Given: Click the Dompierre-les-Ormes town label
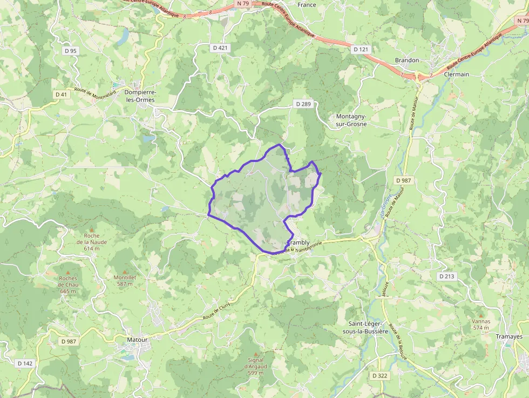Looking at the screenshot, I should (x=139, y=96).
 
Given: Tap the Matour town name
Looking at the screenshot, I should (x=137, y=339).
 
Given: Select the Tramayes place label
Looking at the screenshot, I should (x=509, y=336).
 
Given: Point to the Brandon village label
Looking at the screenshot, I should (x=407, y=60).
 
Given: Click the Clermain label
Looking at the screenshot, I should (x=456, y=74).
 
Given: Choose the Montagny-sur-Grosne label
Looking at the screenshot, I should (x=351, y=120).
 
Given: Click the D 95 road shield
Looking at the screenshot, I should (x=71, y=51).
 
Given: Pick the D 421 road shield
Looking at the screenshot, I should (x=220, y=48).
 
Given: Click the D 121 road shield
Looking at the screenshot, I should (x=361, y=49).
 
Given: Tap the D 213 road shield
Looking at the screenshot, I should (x=446, y=276).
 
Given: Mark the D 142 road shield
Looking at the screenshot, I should (x=25, y=363).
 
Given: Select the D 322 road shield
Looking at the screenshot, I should (x=380, y=375).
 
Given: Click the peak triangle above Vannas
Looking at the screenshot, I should (x=481, y=314).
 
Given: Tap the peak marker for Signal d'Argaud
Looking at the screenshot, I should (x=255, y=353).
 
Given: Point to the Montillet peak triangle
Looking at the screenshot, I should (x=125, y=271).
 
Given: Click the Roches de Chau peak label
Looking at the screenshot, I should (x=68, y=285).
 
